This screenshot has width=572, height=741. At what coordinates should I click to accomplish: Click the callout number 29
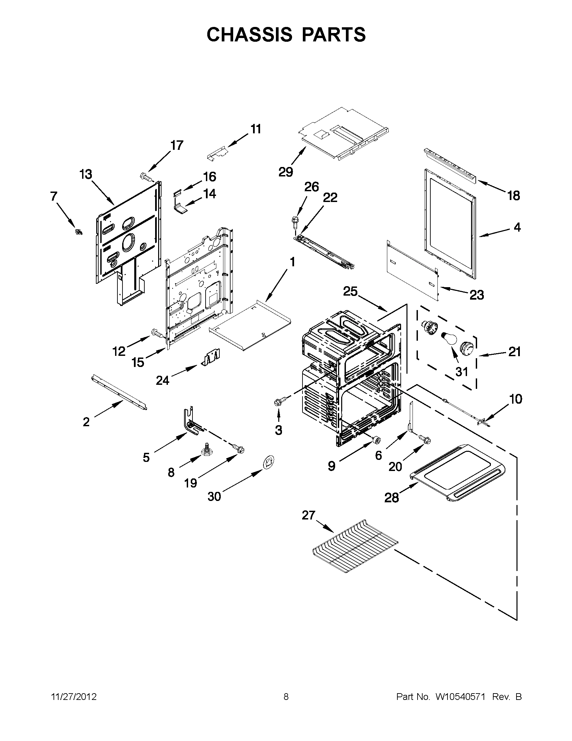285,172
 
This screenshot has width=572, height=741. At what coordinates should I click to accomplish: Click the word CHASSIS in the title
249,35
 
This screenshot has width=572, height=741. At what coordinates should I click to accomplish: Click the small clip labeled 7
79,232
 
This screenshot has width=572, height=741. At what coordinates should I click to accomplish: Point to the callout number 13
85,174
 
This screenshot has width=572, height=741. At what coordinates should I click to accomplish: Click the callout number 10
515,399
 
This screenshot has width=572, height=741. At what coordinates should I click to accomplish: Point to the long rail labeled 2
119,392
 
